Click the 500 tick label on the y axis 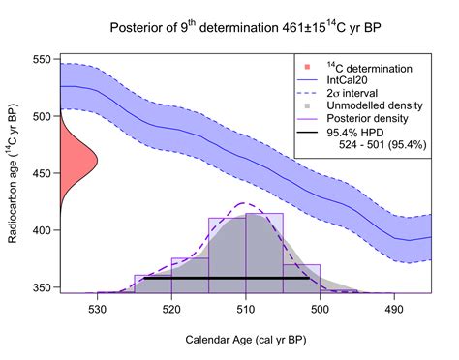click(x=44, y=117)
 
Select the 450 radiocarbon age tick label click(x=44, y=174)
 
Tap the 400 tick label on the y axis click(x=44, y=231)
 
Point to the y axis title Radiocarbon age click(x=15, y=174)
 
